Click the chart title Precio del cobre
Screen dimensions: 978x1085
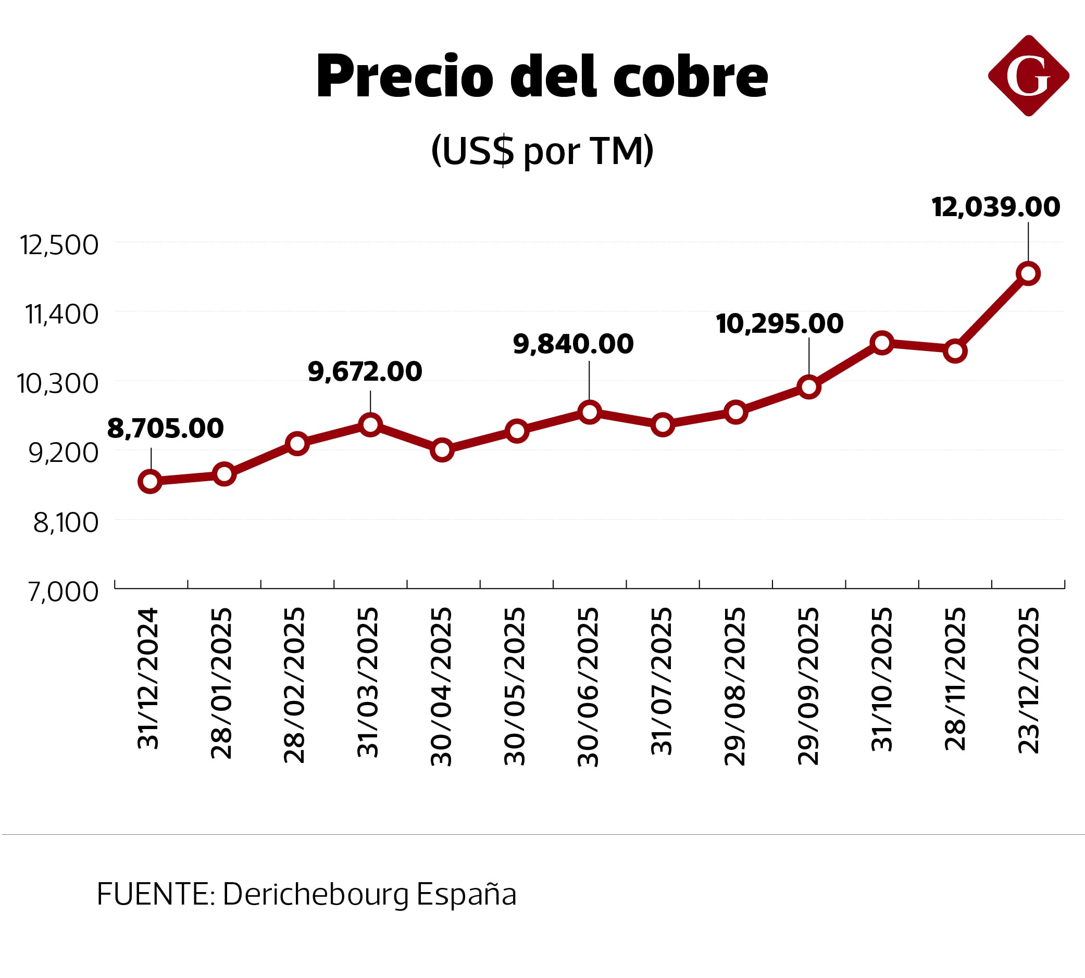[542, 77]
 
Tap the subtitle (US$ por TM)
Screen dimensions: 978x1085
[542, 151]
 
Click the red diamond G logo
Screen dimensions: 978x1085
[1028, 76]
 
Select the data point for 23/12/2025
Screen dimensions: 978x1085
[1028, 273]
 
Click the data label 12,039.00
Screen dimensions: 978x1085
[995, 207]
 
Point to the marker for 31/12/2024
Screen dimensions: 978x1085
[150, 481]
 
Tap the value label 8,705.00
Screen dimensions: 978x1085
[165, 428]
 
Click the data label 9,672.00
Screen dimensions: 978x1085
[365, 371]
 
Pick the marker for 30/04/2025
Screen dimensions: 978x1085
[442, 450]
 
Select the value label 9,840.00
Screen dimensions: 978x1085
[573, 344]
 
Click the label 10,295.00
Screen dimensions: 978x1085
[779, 323]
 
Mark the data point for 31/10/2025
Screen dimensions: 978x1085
[882, 342]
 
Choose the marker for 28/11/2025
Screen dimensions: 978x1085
[955, 351]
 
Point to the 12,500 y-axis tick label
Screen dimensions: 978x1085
[59, 245]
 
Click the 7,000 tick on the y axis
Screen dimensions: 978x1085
[64, 592]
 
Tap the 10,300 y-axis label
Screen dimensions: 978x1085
[57, 384]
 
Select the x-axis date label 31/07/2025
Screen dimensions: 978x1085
[662, 681]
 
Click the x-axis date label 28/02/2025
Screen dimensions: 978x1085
[294, 685]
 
